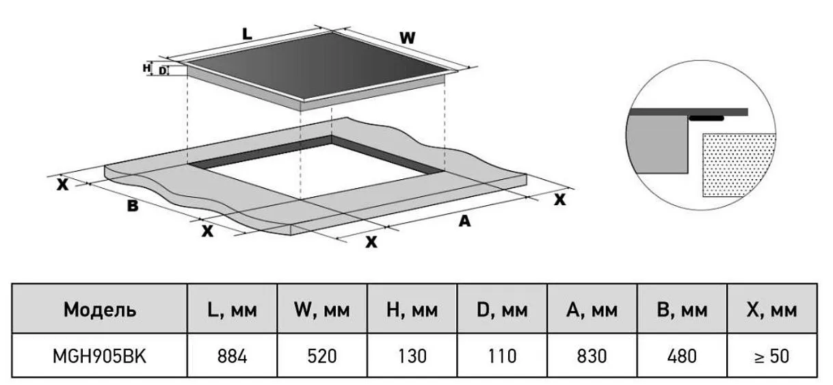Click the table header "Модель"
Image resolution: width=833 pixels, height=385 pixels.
pos(100,310)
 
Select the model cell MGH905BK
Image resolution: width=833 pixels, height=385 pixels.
pos(100,356)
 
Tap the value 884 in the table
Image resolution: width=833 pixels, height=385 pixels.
pos(232,356)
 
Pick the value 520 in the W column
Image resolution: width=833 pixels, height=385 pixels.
pos(322,356)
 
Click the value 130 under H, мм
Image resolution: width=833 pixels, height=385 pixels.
pos(412,356)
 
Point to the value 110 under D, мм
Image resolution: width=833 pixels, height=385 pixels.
pos(502,356)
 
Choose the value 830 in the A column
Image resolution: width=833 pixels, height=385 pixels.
pos(592,356)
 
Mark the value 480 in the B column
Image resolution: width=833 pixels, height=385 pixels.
pos(682,356)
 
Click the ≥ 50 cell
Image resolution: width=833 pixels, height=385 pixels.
pos(772,356)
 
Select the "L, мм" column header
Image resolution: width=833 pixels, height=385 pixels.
pos(232,310)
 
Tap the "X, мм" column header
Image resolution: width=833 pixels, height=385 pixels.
pos(772,310)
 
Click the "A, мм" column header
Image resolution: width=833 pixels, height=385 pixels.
pos(592,310)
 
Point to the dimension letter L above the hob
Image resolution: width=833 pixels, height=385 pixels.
pos(247,34)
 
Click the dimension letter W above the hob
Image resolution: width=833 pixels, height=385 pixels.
pos(408,38)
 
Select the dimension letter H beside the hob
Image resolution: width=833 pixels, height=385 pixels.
pos(147,68)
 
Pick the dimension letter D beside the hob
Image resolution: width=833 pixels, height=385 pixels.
pos(163,70)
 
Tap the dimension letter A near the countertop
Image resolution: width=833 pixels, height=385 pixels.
pos(464,221)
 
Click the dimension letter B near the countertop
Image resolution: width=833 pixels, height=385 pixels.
pos(133,206)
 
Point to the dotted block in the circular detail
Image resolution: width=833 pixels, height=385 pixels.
pos(738,164)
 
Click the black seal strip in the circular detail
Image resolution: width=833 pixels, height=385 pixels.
pos(706,118)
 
